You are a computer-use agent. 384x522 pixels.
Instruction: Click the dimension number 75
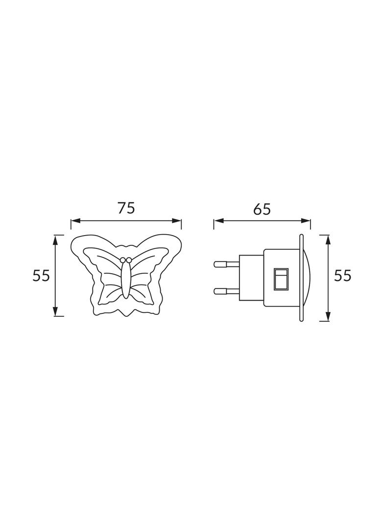click(x=126, y=208)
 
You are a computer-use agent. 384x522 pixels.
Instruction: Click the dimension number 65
click(x=262, y=209)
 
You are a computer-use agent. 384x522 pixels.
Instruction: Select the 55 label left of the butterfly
click(x=41, y=276)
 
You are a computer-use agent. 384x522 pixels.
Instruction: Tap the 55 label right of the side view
click(x=343, y=276)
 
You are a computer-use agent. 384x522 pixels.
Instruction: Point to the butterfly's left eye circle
click(x=123, y=260)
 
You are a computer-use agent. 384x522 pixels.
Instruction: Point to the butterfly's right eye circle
click(x=129, y=260)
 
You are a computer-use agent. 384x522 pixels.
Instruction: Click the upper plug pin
click(x=226, y=264)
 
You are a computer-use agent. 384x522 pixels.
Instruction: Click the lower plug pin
click(x=226, y=291)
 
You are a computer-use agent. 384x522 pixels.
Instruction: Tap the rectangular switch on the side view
click(x=282, y=279)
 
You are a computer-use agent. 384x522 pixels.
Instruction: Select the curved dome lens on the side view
click(x=307, y=278)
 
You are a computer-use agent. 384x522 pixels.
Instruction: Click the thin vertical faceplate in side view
click(x=301, y=278)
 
